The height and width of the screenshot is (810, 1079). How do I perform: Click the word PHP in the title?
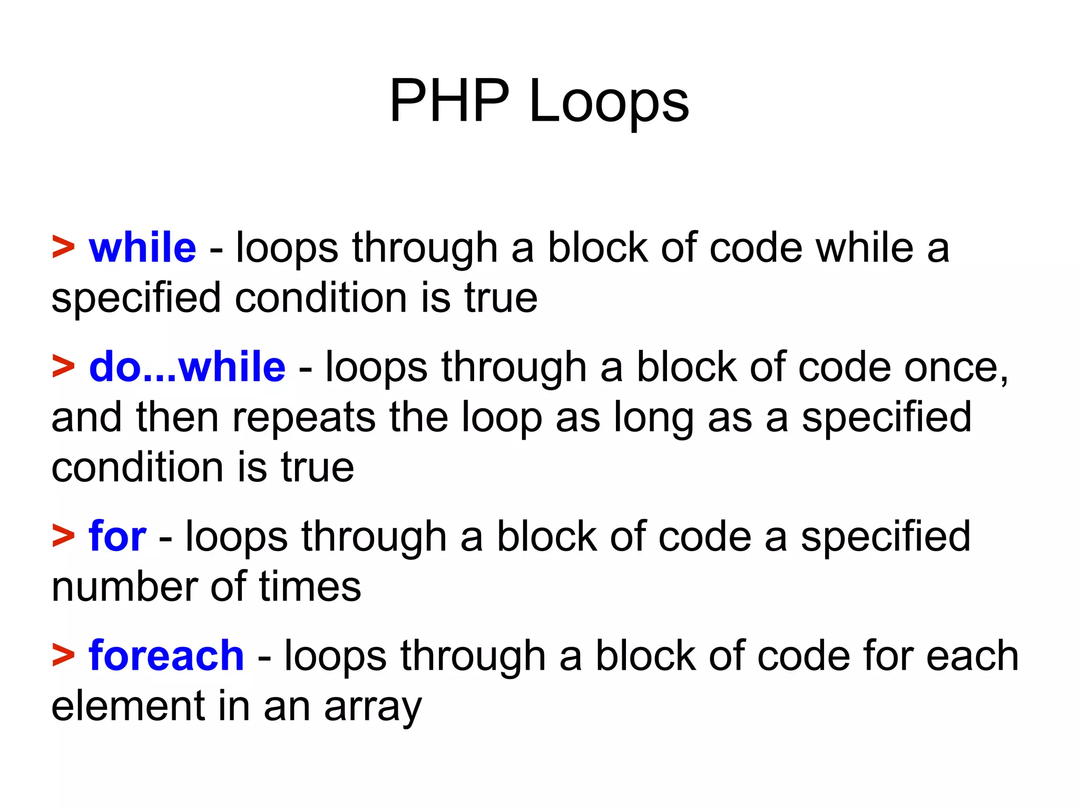click(x=449, y=101)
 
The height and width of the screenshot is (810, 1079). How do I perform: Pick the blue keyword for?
click(x=117, y=536)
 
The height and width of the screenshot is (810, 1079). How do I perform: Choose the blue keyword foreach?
click(x=166, y=655)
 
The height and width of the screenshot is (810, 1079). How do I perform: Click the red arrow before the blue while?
click(x=63, y=247)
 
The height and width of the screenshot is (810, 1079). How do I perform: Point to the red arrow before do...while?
click(x=63, y=367)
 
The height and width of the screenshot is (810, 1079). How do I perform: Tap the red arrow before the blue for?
click(x=63, y=536)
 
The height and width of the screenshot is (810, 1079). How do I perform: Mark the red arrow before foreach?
click(x=63, y=655)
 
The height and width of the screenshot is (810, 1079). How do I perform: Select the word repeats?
click(x=304, y=417)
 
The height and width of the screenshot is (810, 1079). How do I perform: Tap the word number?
click(x=125, y=587)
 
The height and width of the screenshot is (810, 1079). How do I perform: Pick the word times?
click(x=310, y=587)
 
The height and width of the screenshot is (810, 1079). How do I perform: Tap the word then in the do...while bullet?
click(x=177, y=417)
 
